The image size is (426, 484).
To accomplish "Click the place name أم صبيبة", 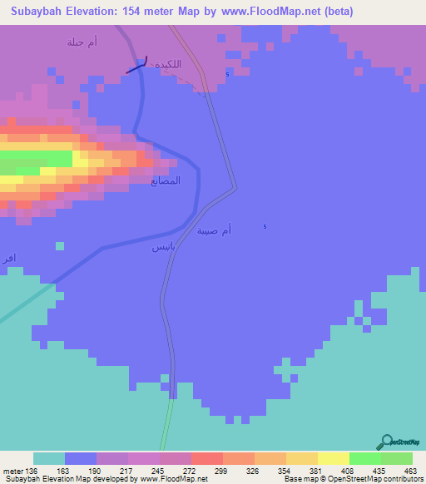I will (x=214, y=230).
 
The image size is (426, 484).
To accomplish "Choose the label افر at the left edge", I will (x=8, y=256).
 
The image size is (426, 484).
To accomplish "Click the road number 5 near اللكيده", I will (x=227, y=76).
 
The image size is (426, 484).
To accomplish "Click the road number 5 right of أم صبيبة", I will (x=265, y=228).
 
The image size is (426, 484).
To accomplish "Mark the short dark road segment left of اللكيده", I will (x=137, y=67).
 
